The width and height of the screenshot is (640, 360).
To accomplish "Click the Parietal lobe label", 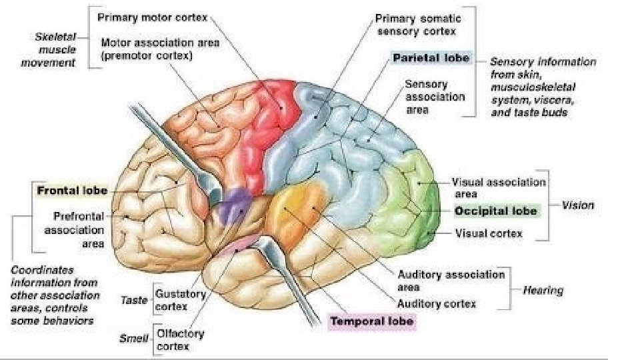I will tap(431, 58).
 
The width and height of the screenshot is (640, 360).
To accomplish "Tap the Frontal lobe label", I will tap(72, 190).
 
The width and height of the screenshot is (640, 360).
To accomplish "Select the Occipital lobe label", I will tap(495, 211).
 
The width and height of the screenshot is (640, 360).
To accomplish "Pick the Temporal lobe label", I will tap(372, 321).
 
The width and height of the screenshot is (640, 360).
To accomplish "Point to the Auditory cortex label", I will tap(437, 303).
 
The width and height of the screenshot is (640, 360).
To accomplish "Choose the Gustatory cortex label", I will tap(171, 299).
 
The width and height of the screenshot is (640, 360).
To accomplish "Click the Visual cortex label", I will tap(488, 233).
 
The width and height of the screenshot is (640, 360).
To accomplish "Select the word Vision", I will tap(577, 205).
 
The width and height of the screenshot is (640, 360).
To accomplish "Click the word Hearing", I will tap(543, 290).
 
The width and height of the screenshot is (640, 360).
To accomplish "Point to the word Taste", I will tap(134, 300).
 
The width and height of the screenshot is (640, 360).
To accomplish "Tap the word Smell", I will tap(133, 338).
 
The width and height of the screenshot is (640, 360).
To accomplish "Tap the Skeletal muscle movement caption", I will tap(55, 49).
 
